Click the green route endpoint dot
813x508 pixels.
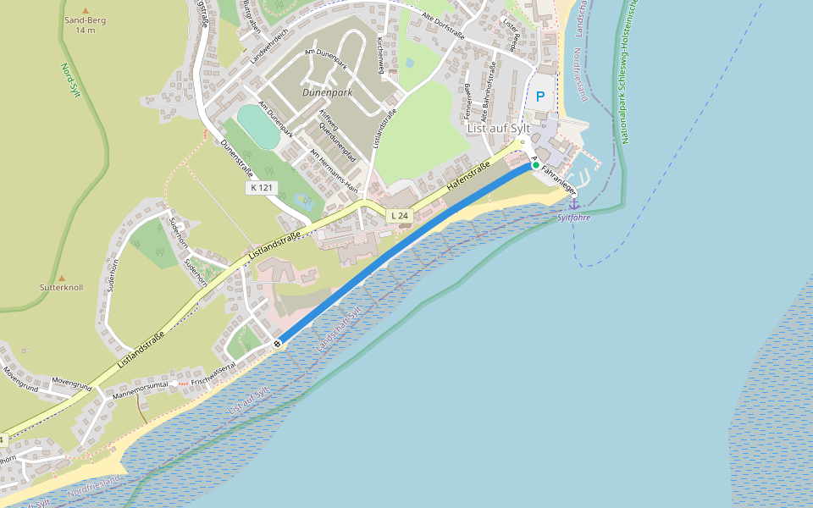click(535, 165)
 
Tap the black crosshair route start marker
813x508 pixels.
click(277, 343)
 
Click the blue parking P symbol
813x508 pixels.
click(540, 97)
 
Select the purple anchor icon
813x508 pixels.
click(573, 203)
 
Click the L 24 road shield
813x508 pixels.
click(399, 216)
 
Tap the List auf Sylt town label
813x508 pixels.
click(499, 128)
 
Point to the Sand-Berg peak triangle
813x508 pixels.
click(85, 10)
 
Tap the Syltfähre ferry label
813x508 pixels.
click(573, 218)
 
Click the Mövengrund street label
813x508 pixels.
click(71, 384)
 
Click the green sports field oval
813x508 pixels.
click(258, 125)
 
